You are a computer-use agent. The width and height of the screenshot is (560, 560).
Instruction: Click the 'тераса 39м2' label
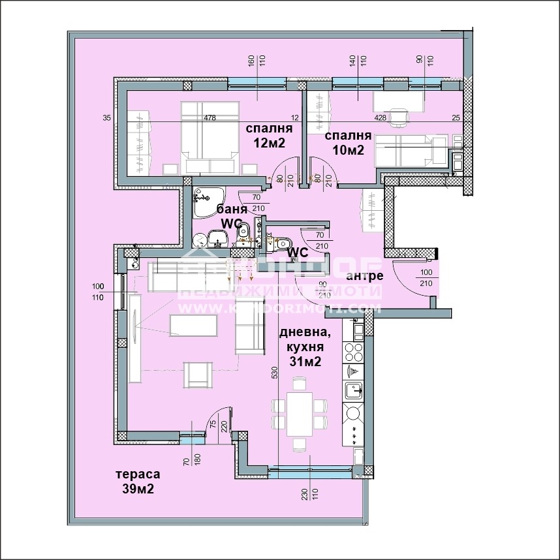click(x=137, y=482)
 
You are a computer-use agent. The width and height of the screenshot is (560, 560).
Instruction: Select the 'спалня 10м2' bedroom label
click(x=349, y=143)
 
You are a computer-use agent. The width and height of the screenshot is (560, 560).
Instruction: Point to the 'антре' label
click(x=368, y=276)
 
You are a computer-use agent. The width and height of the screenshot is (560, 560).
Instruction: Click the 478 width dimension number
click(x=210, y=118)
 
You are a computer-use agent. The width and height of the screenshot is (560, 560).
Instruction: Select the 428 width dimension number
click(x=380, y=118)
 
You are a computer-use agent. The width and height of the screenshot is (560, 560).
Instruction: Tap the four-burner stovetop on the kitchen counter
click(x=353, y=352)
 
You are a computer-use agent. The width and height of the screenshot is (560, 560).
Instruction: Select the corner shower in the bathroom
click(x=208, y=197)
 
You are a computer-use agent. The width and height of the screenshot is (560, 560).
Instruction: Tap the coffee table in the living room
click(x=193, y=325)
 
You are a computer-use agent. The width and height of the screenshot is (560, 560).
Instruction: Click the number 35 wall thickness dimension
click(x=106, y=118)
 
